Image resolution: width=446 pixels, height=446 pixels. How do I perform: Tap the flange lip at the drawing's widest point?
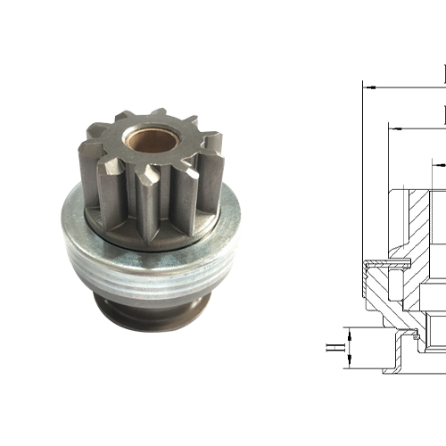[x=368, y=265]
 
